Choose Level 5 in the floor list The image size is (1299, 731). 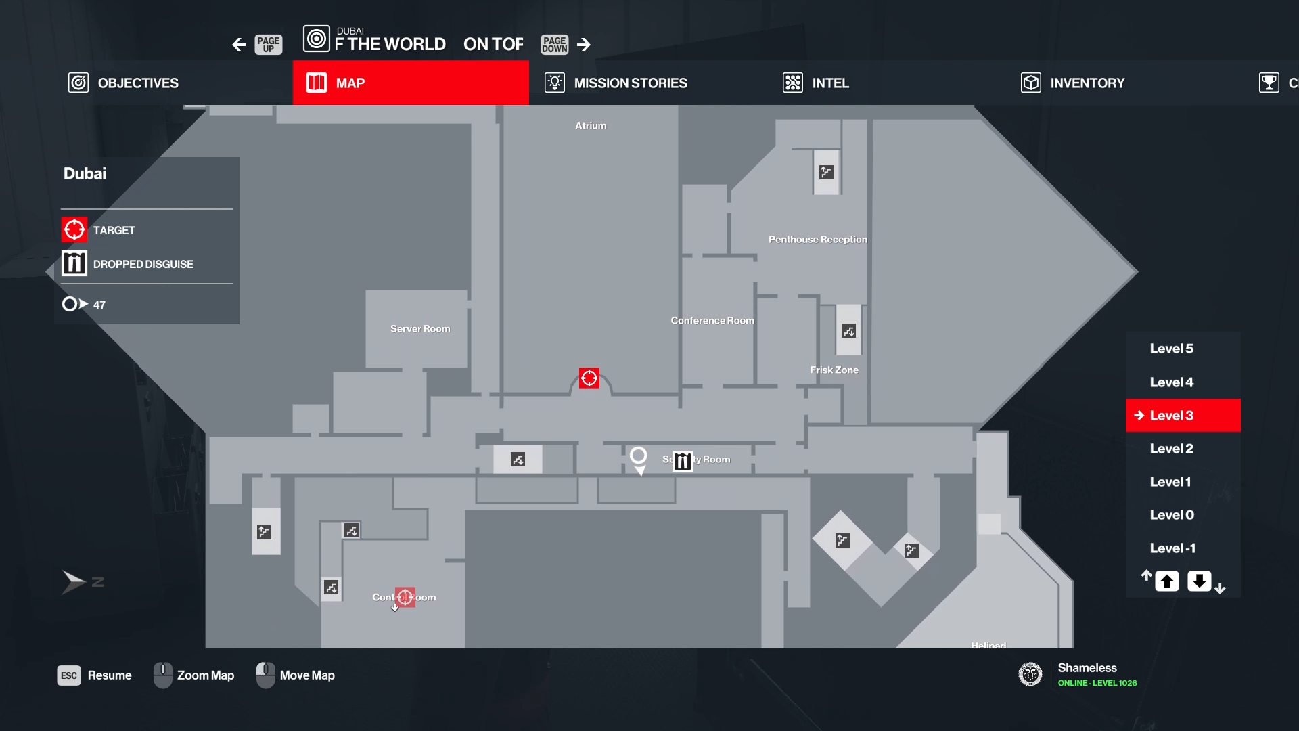(x=1171, y=349)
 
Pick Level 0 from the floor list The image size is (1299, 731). (x=1171, y=515)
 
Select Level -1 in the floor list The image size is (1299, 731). (x=1172, y=548)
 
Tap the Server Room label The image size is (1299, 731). (x=420, y=329)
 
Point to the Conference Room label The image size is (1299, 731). (x=712, y=321)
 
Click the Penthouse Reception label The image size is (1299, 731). (x=817, y=240)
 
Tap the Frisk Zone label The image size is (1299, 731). (x=834, y=370)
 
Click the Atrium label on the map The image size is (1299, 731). (x=591, y=126)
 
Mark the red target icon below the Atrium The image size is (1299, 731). (x=589, y=378)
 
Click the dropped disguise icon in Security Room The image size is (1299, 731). (x=683, y=461)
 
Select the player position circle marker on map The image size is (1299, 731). (x=638, y=456)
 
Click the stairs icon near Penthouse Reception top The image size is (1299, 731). (x=826, y=172)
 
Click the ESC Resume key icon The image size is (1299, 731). (x=69, y=675)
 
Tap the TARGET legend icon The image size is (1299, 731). (x=74, y=229)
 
